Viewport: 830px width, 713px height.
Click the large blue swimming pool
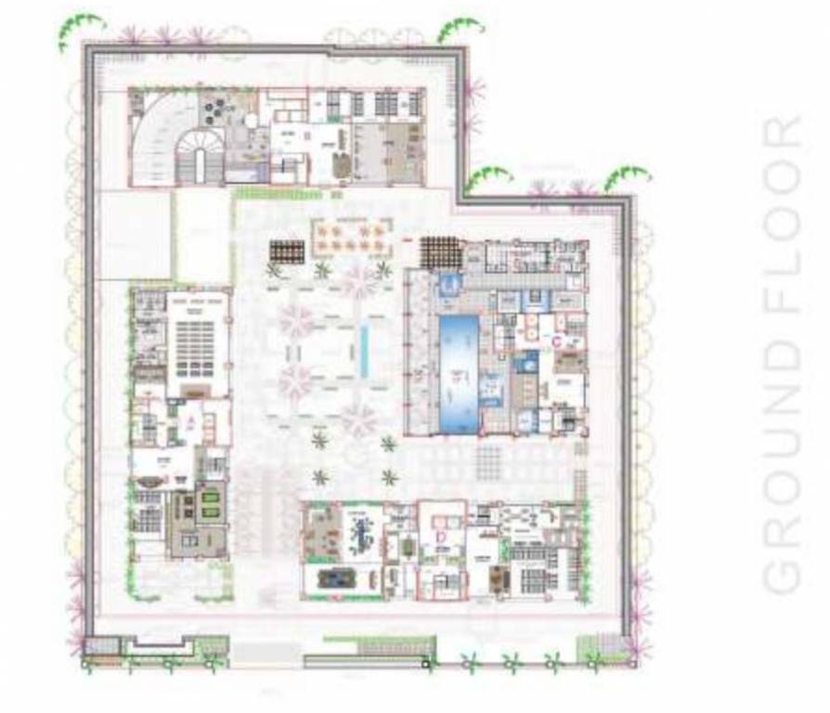click(x=458, y=371)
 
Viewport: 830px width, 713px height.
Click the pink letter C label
click(x=556, y=341)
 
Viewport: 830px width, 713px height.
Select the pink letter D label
click(x=442, y=536)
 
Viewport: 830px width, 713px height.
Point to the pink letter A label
click(x=189, y=421)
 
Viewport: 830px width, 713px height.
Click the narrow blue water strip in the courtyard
click(x=364, y=350)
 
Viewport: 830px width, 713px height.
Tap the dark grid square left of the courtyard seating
click(x=287, y=251)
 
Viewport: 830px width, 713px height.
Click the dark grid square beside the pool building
click(x=440, y=252)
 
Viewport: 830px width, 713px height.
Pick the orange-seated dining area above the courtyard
click(x=351, y=236)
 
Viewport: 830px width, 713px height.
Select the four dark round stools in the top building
click(x=215, y=110)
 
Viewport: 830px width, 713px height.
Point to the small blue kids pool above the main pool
click(x=447, y=284)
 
